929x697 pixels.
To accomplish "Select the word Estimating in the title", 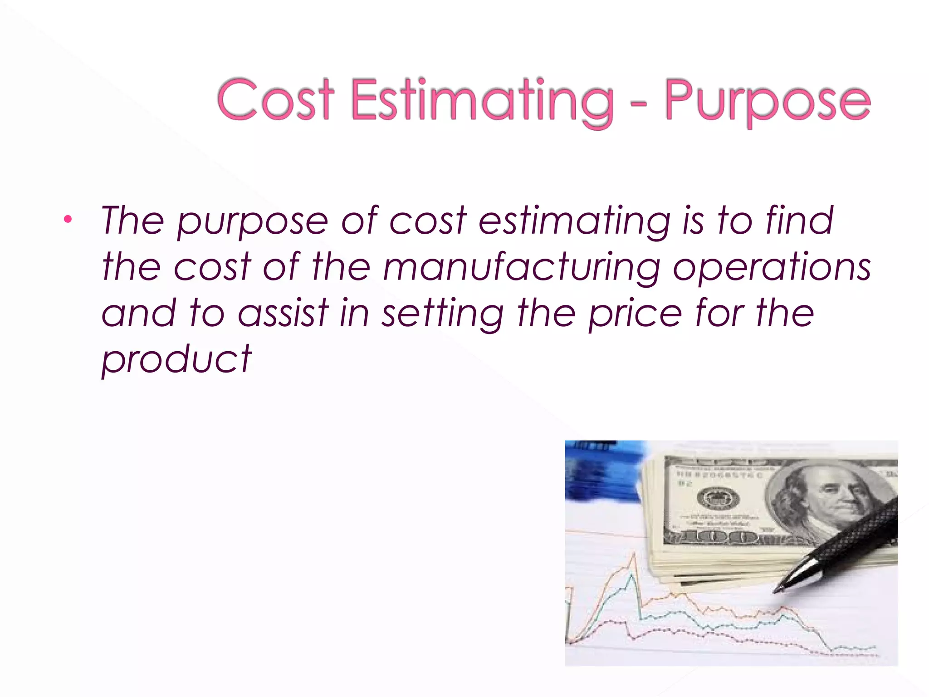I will tap(482, 101).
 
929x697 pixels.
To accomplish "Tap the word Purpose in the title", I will tap(768, 101).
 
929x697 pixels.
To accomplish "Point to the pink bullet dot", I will tap(68, 220).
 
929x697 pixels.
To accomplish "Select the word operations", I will tap(771, 268).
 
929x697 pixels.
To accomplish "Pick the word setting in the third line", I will tap(442, 314).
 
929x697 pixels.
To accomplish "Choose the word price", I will tap(635, 314).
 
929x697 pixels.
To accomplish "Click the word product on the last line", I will tap(176, 359).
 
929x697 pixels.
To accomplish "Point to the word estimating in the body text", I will tap(574, 221).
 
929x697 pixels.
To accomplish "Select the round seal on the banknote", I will tap(718, 499).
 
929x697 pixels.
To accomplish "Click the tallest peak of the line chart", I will tap(634, 555).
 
